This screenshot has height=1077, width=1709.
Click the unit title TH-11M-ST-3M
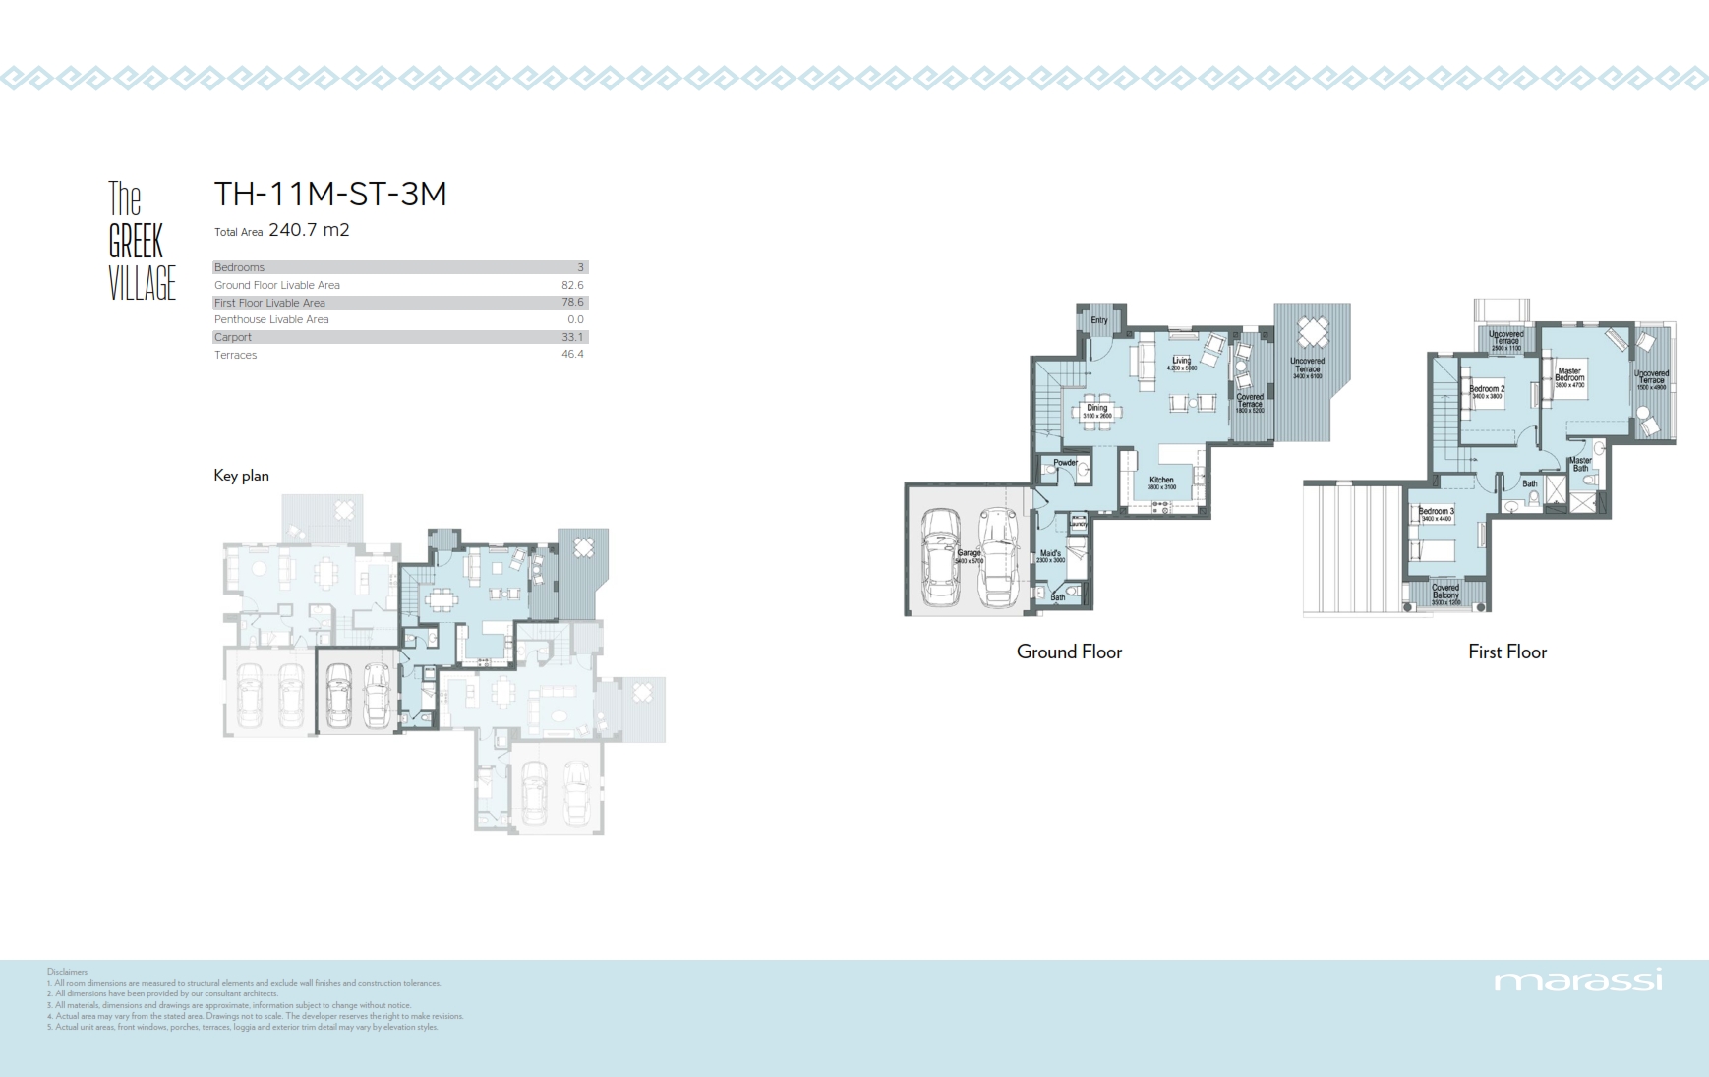[x=330, y=194]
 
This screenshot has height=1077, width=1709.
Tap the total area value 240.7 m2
[x=309, y=230]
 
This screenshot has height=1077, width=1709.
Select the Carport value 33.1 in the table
[x=572, y=337]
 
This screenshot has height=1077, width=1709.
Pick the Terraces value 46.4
[x=572, y=355]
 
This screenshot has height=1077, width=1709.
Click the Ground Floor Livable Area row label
[x=277, y=285]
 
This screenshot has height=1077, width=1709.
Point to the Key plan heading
[x=241, y=476]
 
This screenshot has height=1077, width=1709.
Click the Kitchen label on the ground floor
[x=1161, y=481]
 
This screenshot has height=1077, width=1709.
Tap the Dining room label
[x=1096, y=408]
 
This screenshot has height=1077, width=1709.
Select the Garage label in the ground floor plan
[x=969, y=554]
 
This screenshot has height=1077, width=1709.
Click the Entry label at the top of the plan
[x=1098, y=320]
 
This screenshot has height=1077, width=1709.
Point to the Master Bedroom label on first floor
[x=1569, y=375]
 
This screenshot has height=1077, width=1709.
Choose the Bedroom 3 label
[x=1436, y=511]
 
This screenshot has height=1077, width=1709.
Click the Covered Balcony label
[x=1445, y=592]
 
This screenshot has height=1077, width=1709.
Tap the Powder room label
[x=1065, y=462]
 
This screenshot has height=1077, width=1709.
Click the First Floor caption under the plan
[x=1506, y=652]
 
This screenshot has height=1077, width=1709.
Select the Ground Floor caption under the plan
[x=1069, y=652]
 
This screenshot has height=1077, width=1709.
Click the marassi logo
[x=1577, y=981]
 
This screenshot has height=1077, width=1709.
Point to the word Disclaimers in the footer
[x=67, y=972]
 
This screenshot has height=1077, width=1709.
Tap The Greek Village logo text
[x=141, y=242]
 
